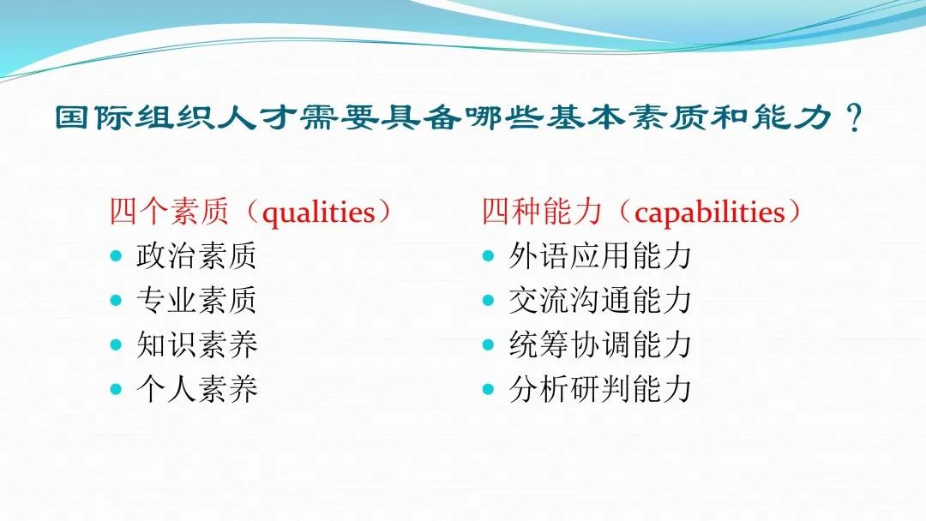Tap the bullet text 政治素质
coord(196,256)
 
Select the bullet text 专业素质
coord(196,300)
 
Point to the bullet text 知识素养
coord(196,344)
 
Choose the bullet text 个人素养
coord(196,389)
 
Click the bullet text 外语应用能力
coord(600,256)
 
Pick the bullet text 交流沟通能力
coord(600,300)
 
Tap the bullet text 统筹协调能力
coord(600,344)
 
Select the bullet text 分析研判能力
coord(600,389)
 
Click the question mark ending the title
coord(855,117)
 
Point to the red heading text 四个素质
coord(169,212)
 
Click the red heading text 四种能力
coord(542,212)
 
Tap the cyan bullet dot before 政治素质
coord(116,256)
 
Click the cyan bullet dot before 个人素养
coord(116,389)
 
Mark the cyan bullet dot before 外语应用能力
coord(488,256)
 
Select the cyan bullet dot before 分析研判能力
coord(488,389)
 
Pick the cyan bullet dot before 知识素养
coord(116,344)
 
